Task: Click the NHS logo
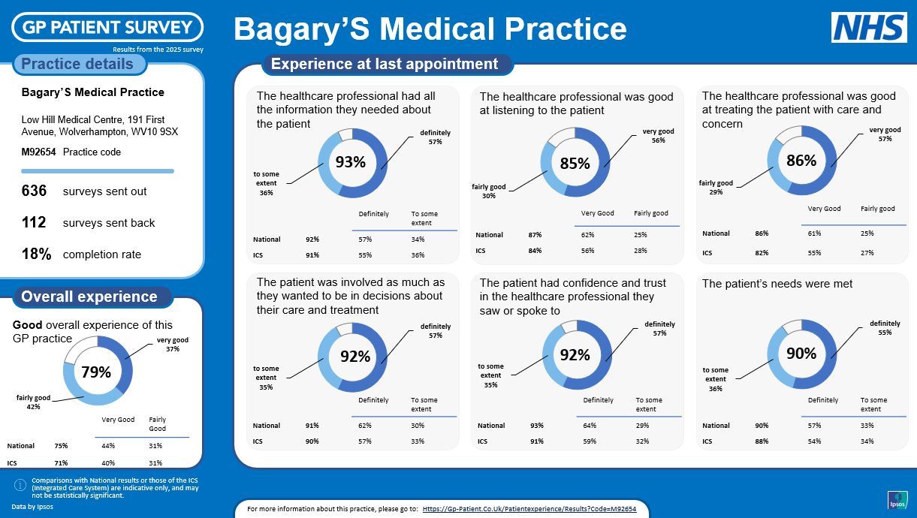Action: (869, 28)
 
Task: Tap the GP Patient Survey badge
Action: (107, 28)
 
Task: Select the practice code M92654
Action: (38, 152)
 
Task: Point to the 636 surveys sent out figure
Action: (34, 191)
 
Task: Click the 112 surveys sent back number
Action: (34, 223)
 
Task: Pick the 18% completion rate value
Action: (36, 254)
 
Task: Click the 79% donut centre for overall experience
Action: (96, 372)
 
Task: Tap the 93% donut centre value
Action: (350, 162)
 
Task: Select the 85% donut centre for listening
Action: (575, 163)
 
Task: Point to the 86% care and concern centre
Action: (801, 161)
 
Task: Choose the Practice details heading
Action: (77, 65)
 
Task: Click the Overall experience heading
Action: (89, 297)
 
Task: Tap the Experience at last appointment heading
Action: (385, 65)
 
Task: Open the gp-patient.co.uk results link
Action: (529, 509)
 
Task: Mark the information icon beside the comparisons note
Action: (20, 485)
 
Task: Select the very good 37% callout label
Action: (173, 344)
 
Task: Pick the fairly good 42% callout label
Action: (33, 402)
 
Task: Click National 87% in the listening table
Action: (535, 235)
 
